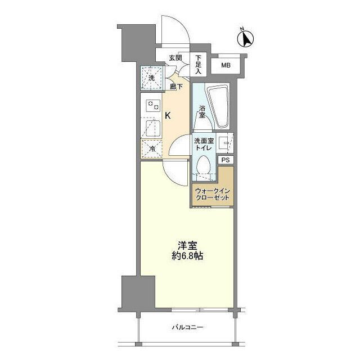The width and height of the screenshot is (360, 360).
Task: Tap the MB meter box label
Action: click(226, 66)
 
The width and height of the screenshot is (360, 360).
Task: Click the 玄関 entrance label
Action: click(175, 58)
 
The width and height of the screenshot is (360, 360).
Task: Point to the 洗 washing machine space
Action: click(151, 79)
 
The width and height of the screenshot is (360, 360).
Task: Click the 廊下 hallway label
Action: click(176, 87)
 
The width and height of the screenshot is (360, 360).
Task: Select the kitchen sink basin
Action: click(150, 129)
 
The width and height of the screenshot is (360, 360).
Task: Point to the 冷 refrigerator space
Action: click(151, 149)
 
